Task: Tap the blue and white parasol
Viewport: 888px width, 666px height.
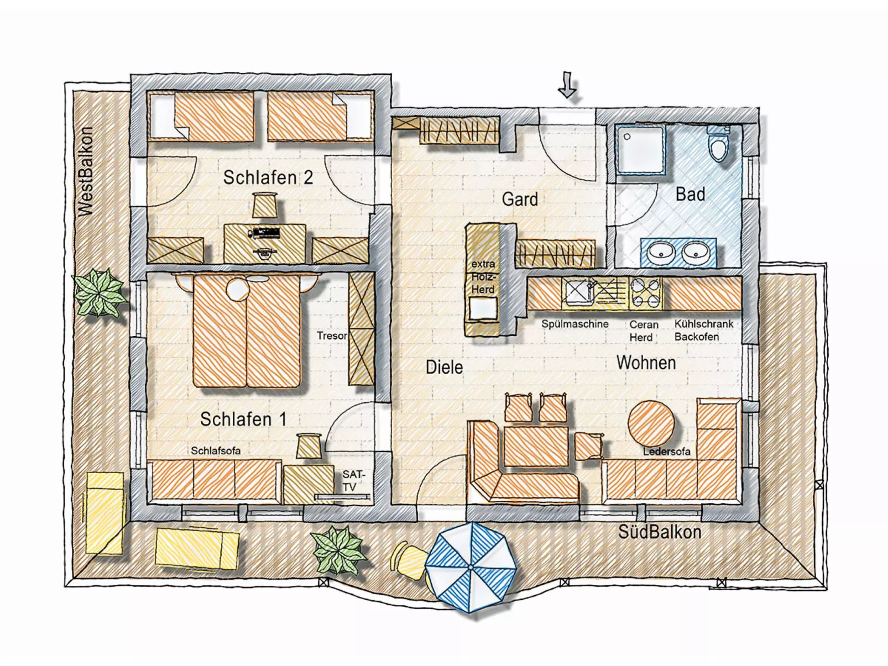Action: [x=471, y=567]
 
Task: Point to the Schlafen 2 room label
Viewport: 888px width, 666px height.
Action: [x=268, y=177]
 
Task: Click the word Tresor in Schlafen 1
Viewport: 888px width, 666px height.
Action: [x=332, y=335]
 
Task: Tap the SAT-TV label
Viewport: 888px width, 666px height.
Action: [x=353, y=480]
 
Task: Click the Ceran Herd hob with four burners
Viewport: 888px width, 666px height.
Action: [x=645, y=291]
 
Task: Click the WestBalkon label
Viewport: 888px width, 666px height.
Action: [x=86, y=171]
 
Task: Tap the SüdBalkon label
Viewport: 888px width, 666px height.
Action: [x=659, y=532]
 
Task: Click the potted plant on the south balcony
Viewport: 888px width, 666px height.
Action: [x=339, y=549]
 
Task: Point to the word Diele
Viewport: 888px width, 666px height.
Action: [x=444, y=367]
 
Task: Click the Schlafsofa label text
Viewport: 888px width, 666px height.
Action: [x=216, y=450]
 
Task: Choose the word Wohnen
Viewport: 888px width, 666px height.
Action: [x=646, y=363]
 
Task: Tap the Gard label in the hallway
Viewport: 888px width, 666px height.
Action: [x=519, y=199]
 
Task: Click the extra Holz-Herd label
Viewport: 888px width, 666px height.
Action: [x=483, y=276]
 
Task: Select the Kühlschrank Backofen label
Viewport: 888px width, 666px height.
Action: [x=703, y=330]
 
